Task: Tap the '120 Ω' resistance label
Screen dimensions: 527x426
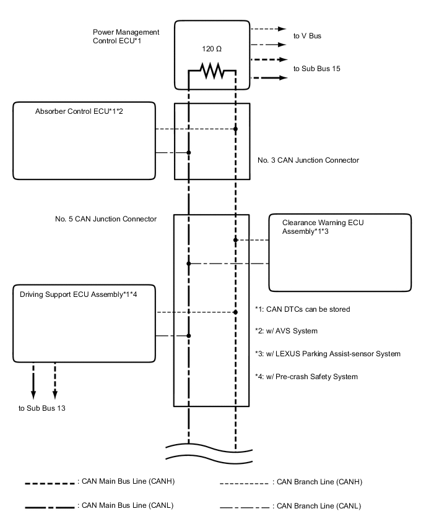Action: click(x=212, y=48)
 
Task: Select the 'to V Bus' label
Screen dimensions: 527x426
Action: click(x=307, y=36)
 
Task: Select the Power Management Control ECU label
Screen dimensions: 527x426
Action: click(x=126, y=36)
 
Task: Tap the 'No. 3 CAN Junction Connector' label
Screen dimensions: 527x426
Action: click(x=308, y=160)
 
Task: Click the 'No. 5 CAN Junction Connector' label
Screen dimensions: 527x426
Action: click(x=105, y=219)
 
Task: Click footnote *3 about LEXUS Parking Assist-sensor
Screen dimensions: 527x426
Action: click(x=328, y=354)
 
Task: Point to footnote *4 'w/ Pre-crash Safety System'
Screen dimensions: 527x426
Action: click(x=306, y=377)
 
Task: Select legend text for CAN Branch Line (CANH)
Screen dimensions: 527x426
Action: click(x=316, y=481)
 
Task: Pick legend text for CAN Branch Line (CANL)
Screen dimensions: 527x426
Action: click(x=316, y=506)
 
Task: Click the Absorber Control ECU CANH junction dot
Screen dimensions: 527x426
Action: click(x=235, y=129)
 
